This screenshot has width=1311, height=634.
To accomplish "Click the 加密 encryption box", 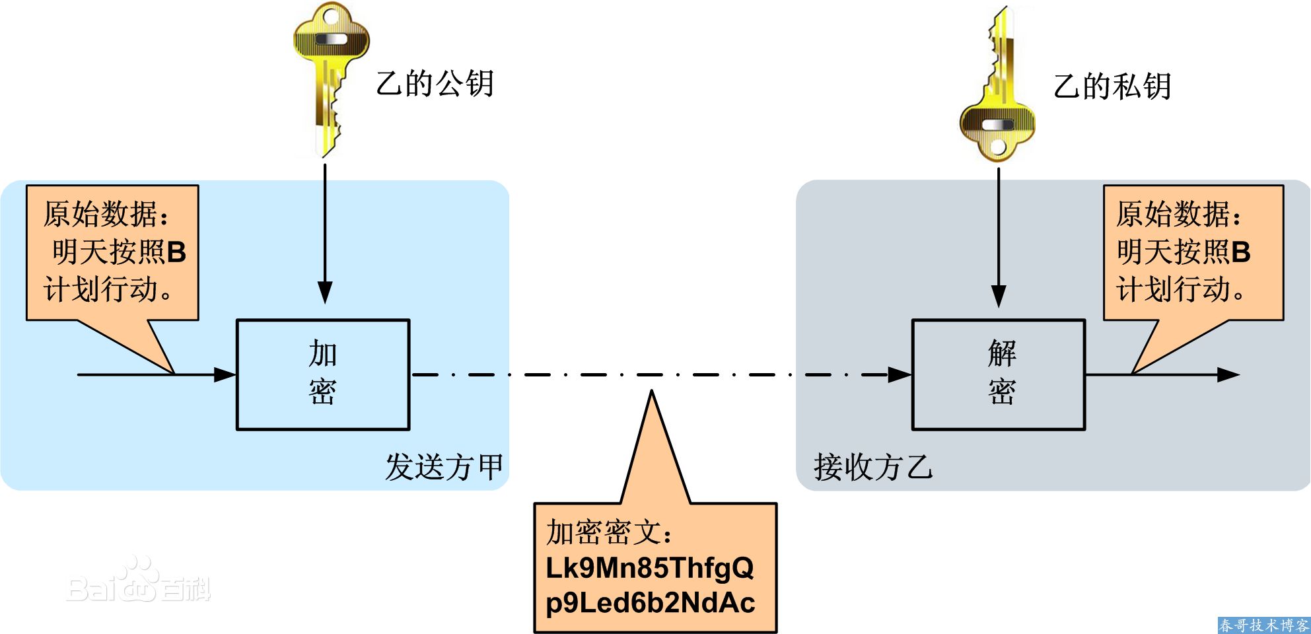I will (x=323, y=374).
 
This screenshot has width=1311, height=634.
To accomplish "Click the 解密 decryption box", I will (x=998, y=374).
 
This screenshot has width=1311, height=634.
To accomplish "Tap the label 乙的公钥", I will (x=435, y=84).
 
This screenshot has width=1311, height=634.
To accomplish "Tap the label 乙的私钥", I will (x=1112, y=87).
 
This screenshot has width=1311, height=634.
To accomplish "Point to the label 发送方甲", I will (x=444, y=467).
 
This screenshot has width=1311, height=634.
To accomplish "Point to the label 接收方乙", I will (x=872, y=467).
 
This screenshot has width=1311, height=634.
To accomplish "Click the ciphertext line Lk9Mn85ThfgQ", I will (x=649, y=567).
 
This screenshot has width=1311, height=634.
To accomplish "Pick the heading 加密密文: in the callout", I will (x=608, y=532).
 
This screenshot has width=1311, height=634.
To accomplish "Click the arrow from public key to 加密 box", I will (x=325, y=231).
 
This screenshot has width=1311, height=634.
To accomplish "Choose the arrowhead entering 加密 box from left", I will (x=225, y=374).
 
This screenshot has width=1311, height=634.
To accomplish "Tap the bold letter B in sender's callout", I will (x=176, y=252).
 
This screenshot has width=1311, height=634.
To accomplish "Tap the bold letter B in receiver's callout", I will (x=1241, y=252).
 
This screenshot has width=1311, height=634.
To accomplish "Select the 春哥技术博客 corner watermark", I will (x=1263, y=625).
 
